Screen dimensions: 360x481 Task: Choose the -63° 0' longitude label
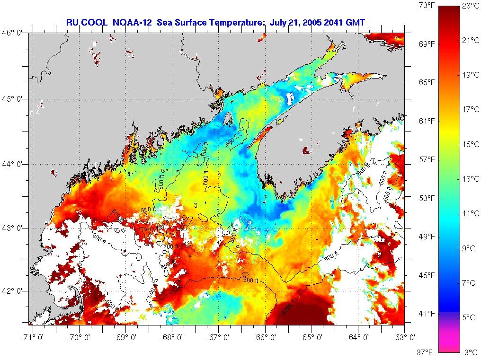tap(405, 338)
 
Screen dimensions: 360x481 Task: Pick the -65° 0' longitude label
tap(312, 338)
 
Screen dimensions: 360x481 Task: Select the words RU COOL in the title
tap(81, 22)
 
